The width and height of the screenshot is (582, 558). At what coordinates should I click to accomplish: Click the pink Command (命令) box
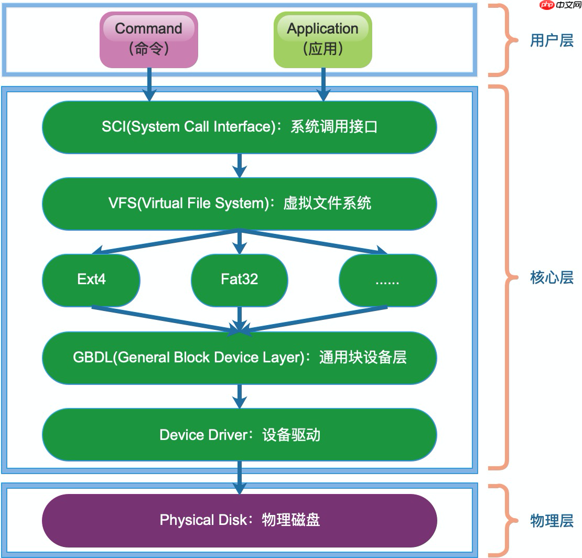point(149,40)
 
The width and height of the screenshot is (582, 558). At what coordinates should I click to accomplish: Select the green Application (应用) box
point(322,40)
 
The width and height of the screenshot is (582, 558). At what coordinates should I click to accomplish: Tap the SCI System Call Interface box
point(239,127)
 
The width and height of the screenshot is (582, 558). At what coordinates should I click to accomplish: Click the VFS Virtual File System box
point(239,203)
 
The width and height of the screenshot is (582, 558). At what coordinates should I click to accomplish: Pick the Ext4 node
point(91,280)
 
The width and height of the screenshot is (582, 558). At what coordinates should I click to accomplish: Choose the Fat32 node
point(239,280)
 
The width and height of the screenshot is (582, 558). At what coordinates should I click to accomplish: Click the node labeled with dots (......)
point(387,280)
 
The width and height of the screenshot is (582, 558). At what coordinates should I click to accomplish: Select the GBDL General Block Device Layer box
point(239,358)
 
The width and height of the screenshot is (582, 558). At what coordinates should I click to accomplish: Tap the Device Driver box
point(239,435)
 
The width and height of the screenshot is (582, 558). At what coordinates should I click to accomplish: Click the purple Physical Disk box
point(239,520)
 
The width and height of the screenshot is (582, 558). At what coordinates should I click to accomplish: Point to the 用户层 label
point(551,41)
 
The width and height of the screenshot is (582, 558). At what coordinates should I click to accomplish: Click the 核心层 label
point(551,278)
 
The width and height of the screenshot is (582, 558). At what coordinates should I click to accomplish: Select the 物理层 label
point(551,521)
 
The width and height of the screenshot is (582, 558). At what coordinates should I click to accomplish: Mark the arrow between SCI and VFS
point(239,165)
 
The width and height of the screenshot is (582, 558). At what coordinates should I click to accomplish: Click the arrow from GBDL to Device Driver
point(239,396)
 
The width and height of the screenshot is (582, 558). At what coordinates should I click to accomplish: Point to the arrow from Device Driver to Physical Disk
point(239,476)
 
